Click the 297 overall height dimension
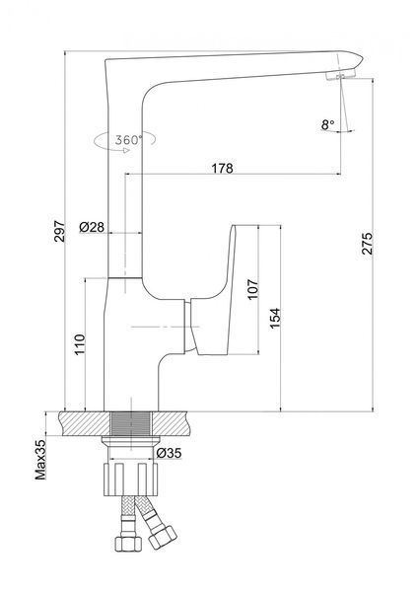click(59, 231)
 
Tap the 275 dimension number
click(367, 244)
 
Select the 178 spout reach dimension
click(222, 168)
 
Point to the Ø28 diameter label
click(92, 227)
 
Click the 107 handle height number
click(252, 289)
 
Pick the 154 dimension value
click(275, 318)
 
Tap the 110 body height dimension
click(80, 344)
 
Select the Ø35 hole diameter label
click(169, 453)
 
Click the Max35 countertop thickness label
click(40, 460)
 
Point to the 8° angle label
click(327, 124)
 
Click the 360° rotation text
click(128, 140)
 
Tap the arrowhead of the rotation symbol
click(127, 150)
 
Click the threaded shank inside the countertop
click(131, 423)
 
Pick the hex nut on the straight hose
click(128, 544)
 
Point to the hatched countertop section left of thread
click(85, 423)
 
